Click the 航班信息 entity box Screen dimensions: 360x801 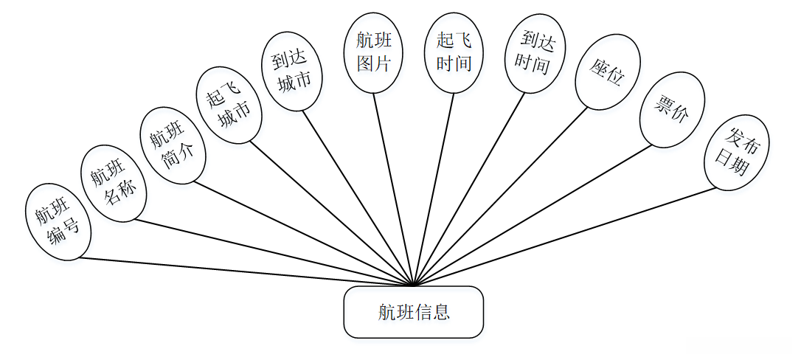[413, 312]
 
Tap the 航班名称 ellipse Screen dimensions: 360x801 [114, 184]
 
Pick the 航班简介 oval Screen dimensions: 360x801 [172, 145]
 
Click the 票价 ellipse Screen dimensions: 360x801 [672, 109]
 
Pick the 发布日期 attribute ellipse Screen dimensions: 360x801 [737, 152]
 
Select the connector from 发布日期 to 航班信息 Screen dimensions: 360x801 [566, 237]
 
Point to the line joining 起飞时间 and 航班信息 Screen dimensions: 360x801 [434, 190]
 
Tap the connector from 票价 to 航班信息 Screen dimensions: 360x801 [533, 215]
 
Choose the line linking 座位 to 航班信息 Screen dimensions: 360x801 [502, 197]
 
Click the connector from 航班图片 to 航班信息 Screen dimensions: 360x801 [394, 190]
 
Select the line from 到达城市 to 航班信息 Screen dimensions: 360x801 [358, 198]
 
